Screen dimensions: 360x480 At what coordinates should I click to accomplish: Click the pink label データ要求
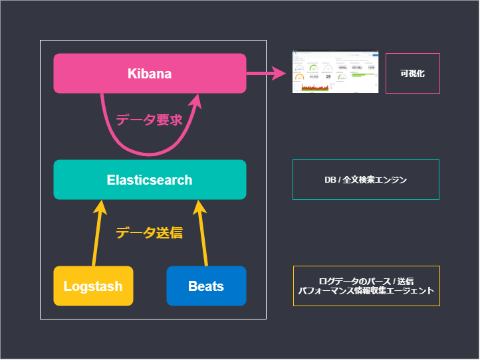tap(149, 120)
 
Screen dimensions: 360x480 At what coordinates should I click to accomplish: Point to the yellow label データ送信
tap(149, 232)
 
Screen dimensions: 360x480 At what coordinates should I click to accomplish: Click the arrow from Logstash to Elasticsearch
tap(97, 236)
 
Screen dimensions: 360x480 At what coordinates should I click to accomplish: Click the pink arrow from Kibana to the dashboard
tap(266, 73)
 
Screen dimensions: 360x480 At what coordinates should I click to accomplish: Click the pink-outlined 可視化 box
tap(412, 73)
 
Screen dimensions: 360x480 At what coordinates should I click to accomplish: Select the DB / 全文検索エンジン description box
tap(366, 179)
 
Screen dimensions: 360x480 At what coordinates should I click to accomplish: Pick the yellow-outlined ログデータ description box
tap(366, 286)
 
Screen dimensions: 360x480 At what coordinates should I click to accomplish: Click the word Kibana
tap(150, 73)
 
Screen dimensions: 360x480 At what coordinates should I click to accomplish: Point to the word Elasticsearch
tap(150, 180)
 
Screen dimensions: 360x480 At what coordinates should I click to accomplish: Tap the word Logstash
tap(93, 286)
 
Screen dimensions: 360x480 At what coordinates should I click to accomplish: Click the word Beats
tap(206, 286)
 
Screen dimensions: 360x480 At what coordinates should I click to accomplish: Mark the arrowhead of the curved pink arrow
tap(197, 100)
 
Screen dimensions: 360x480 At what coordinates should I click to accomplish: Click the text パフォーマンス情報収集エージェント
tap(366, 291)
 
